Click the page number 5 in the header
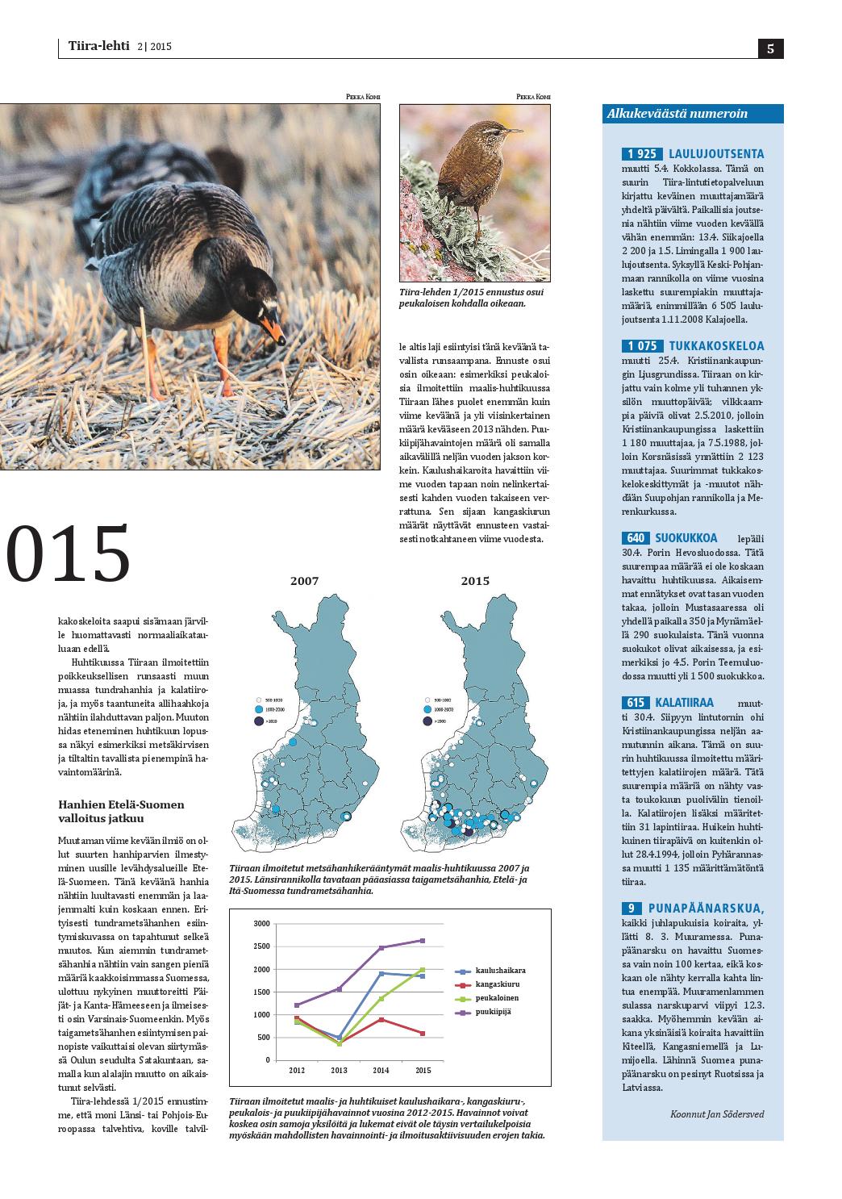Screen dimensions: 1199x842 click(x=770, y=48)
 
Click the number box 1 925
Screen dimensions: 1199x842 click(x=642, y=154)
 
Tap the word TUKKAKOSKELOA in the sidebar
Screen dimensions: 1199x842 click(x=716, y=346)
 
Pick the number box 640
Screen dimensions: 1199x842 click(x=635, y=538)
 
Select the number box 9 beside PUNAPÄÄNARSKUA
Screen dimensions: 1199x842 click(x=631, y=909)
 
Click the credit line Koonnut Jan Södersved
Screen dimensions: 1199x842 click(x=716, y=1114)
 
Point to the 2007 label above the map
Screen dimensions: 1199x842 click(x=304, y=581)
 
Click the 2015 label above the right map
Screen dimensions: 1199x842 click(x=475, y=581)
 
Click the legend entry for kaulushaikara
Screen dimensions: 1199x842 click(x=500, y=971)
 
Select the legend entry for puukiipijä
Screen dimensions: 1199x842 click(x=494, y=1012)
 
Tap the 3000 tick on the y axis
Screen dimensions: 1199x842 click(x=261, y=923)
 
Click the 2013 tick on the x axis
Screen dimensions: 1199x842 click(x=339, y=1071)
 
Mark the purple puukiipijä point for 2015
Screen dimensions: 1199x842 click(x=422, y=941)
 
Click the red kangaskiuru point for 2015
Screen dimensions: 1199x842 click(x=422, y=1033)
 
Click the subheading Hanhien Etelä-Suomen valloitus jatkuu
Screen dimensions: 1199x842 click(x=121, y=811)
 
